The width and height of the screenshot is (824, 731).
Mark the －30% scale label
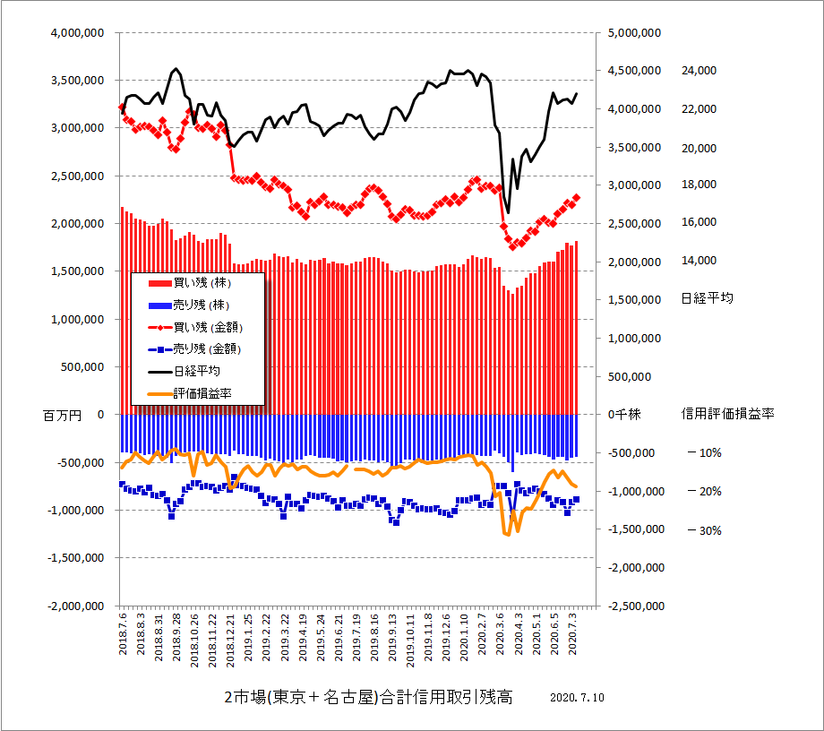[704, 530]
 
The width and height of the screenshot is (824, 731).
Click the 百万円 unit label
[62, 416]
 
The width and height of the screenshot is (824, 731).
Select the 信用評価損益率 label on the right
[727, 414]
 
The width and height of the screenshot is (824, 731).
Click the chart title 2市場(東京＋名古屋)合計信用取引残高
[368, 698]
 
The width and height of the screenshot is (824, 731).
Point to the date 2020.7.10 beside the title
[578, 698]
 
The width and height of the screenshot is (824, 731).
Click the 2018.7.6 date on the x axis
[123, 631]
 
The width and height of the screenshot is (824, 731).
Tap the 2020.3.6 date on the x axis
[500, 631]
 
